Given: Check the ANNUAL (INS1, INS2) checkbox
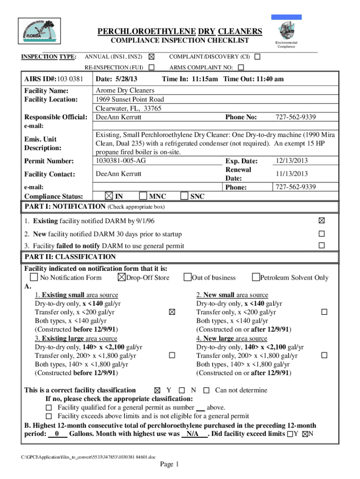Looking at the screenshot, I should (x=151, y=57).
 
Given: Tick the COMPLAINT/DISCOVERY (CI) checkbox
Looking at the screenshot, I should (x=257, y=57).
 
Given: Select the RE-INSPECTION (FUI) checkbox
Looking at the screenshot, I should (x=151, y=67).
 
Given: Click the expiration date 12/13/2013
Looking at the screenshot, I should (x=291, y=160).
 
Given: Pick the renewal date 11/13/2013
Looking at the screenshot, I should (x=291, y=174).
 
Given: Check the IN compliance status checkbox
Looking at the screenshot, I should (x=109, y=196).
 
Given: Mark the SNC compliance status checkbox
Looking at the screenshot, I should (x=184, y=196).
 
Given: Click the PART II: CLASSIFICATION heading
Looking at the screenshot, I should (x=70, y=257).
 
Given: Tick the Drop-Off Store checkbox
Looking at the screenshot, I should (x=122, y=278).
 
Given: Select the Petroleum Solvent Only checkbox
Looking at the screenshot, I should (x=256, y=278).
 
